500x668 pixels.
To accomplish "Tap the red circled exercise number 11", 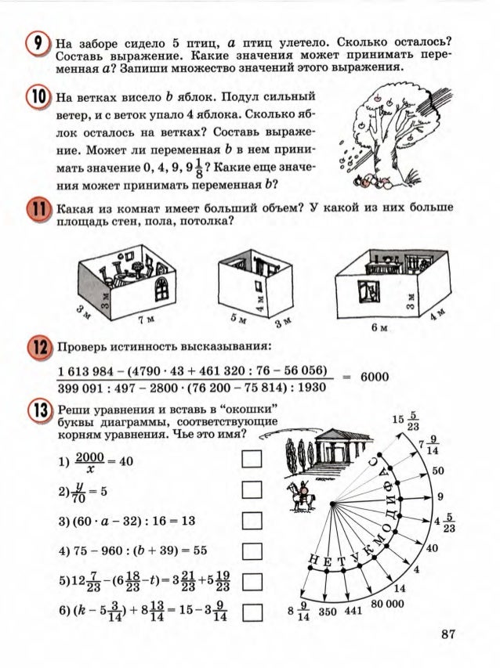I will click(x=37, y=213).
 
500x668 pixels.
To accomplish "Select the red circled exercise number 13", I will click(x=37, y=412).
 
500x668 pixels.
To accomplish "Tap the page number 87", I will click(x=446, y=635).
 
